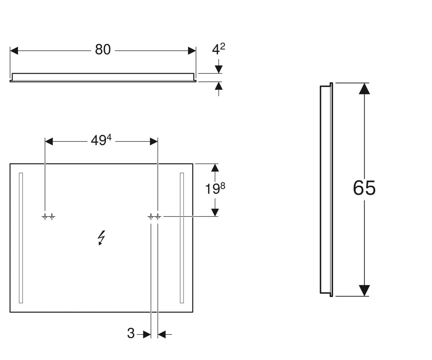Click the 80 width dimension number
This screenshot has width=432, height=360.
(x=103, y=50)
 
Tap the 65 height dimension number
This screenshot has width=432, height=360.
(x=364, y=188)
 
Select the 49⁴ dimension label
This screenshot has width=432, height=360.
(x=101, y=140)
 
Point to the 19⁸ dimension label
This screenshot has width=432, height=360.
(x=215, y=188)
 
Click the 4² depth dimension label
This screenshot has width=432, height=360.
(x=219, y=49)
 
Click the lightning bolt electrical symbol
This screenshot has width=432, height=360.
(x=101, y=238)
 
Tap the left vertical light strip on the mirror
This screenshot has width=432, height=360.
(x=21, y=238)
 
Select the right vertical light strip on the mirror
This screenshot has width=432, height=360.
(x=182, y=238)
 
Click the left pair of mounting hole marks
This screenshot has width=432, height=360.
(x=48, y=217)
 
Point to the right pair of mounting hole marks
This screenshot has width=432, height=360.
(x=154, y=217)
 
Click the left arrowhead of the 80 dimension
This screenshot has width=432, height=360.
(x=14, y=51)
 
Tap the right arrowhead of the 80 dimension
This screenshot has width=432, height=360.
(x=192, y=51)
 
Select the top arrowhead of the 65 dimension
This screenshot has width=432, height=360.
(x=364, y=89)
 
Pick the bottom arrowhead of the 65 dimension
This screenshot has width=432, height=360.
(x=364, y=291)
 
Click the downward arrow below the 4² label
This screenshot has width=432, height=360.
(x=219, y=66)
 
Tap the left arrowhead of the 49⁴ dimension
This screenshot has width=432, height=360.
(x=49, y=142)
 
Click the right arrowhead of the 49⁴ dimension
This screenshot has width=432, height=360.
(x=154, y=142)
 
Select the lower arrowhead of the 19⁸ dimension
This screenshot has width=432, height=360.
(x=215, y=212)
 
